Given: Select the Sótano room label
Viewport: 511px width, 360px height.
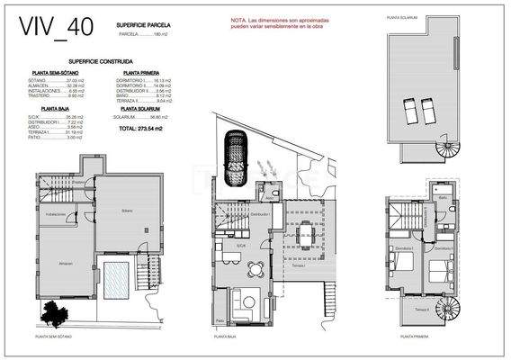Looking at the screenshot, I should (x=128, y=211).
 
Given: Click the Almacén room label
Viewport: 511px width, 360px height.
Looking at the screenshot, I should (x=66, y=264).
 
